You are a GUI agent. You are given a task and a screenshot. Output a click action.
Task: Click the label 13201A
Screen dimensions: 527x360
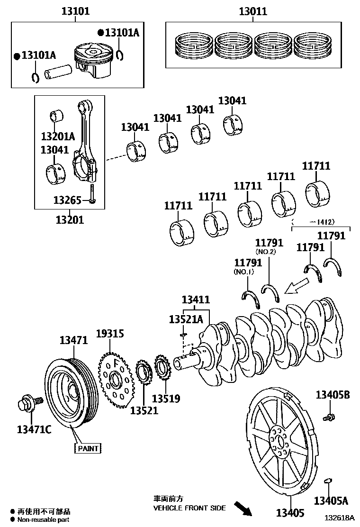click(57, 137)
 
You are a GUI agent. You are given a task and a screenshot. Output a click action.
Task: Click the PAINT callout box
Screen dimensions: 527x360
click(88, 448)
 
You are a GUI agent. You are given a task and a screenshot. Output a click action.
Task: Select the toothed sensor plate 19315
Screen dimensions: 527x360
click(115, 378)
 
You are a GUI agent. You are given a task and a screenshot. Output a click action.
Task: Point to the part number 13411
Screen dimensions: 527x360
click(196, 300)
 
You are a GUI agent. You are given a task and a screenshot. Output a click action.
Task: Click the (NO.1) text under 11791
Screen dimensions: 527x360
click(244, 272)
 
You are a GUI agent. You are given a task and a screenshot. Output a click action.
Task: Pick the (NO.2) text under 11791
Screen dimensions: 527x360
click(265, 252)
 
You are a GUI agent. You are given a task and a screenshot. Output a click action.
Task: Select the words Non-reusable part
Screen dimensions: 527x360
click(44, 520)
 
